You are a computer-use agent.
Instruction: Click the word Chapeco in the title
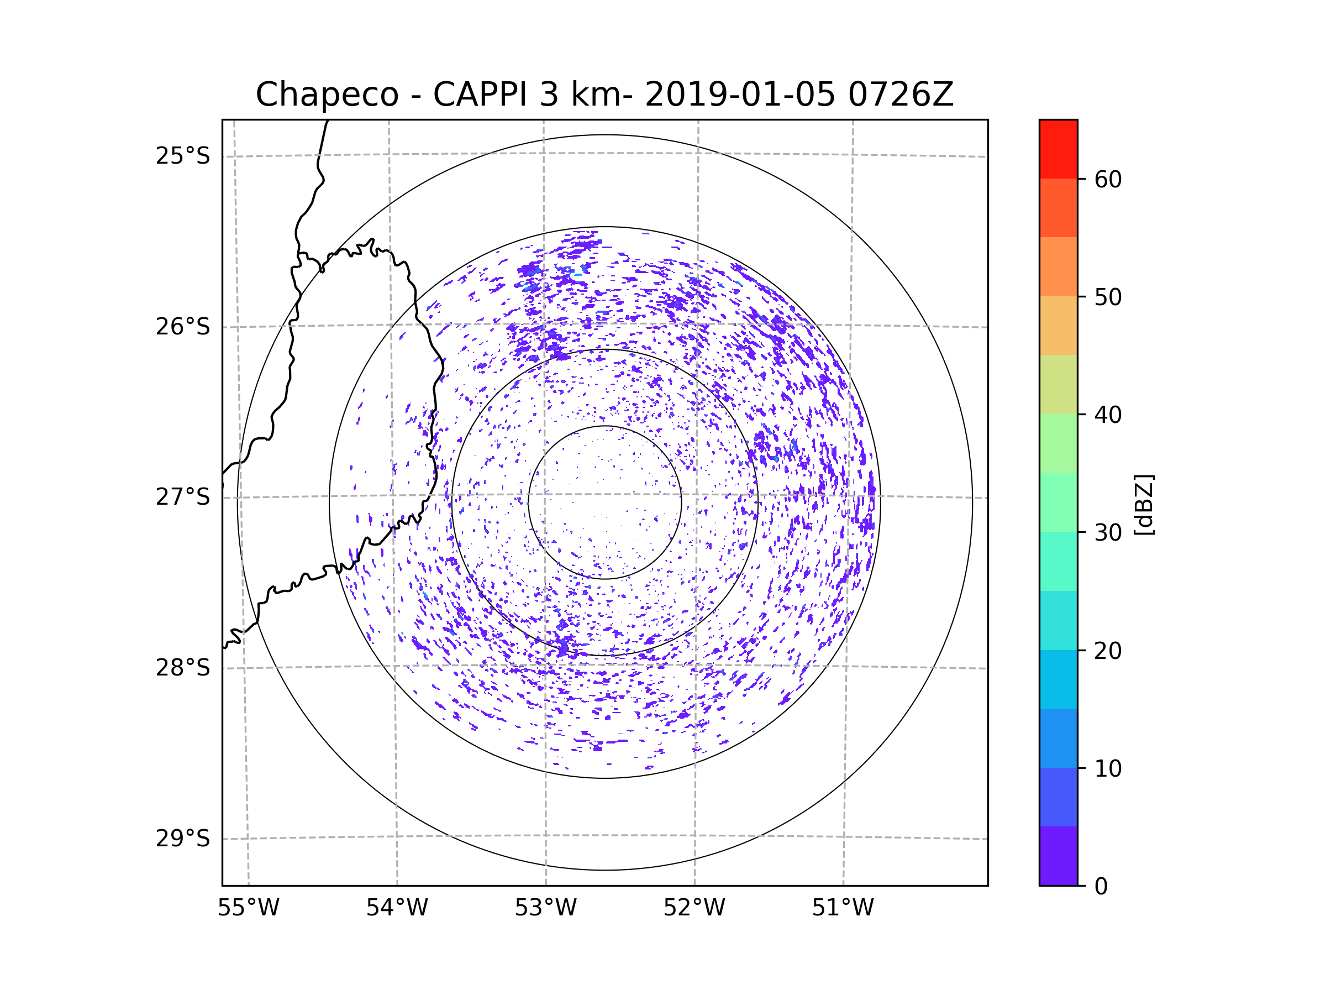pyautogui.click(x=327, y=95)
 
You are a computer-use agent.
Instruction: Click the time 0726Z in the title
pyautogui.click(x=901, y=95)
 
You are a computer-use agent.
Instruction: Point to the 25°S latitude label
pyautogui.click(x=183, y=156)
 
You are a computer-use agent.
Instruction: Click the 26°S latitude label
pyautogui.click(x=183, y=327)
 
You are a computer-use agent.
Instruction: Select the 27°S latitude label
pyautogui.click(x=183, y=497)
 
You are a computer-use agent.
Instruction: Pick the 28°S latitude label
pyautogui.click(x=183, y=668)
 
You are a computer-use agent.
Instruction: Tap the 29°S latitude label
pyautogui.click(x=183, y=839)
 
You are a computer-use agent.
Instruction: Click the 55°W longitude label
pyautogui.click(x=248, y=908)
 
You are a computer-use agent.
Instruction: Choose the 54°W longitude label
pyautogui.click(x=397, y=908)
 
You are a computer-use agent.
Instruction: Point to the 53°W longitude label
pyautogui.click(x=545, y=908)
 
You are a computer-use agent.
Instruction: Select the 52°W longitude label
pyautogui.click(x=694, y=908)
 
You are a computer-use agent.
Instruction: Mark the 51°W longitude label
pyautogui.click(x=843, y=908)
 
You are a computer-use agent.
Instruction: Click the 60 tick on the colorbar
pyautogui.click(x=1108, y=179)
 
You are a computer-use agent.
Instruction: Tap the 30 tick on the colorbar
pyautogui.click(x=1108, y=532)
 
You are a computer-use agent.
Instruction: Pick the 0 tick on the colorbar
pyautogui.click(x=1101, y=886)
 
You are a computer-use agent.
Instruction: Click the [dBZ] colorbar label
pyautogui.click(x=1144, y=504)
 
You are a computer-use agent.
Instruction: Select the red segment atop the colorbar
pyautogui.click(x=1058, y=149)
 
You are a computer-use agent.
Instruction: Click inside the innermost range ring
pyautogui.click(x=605, y=502)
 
